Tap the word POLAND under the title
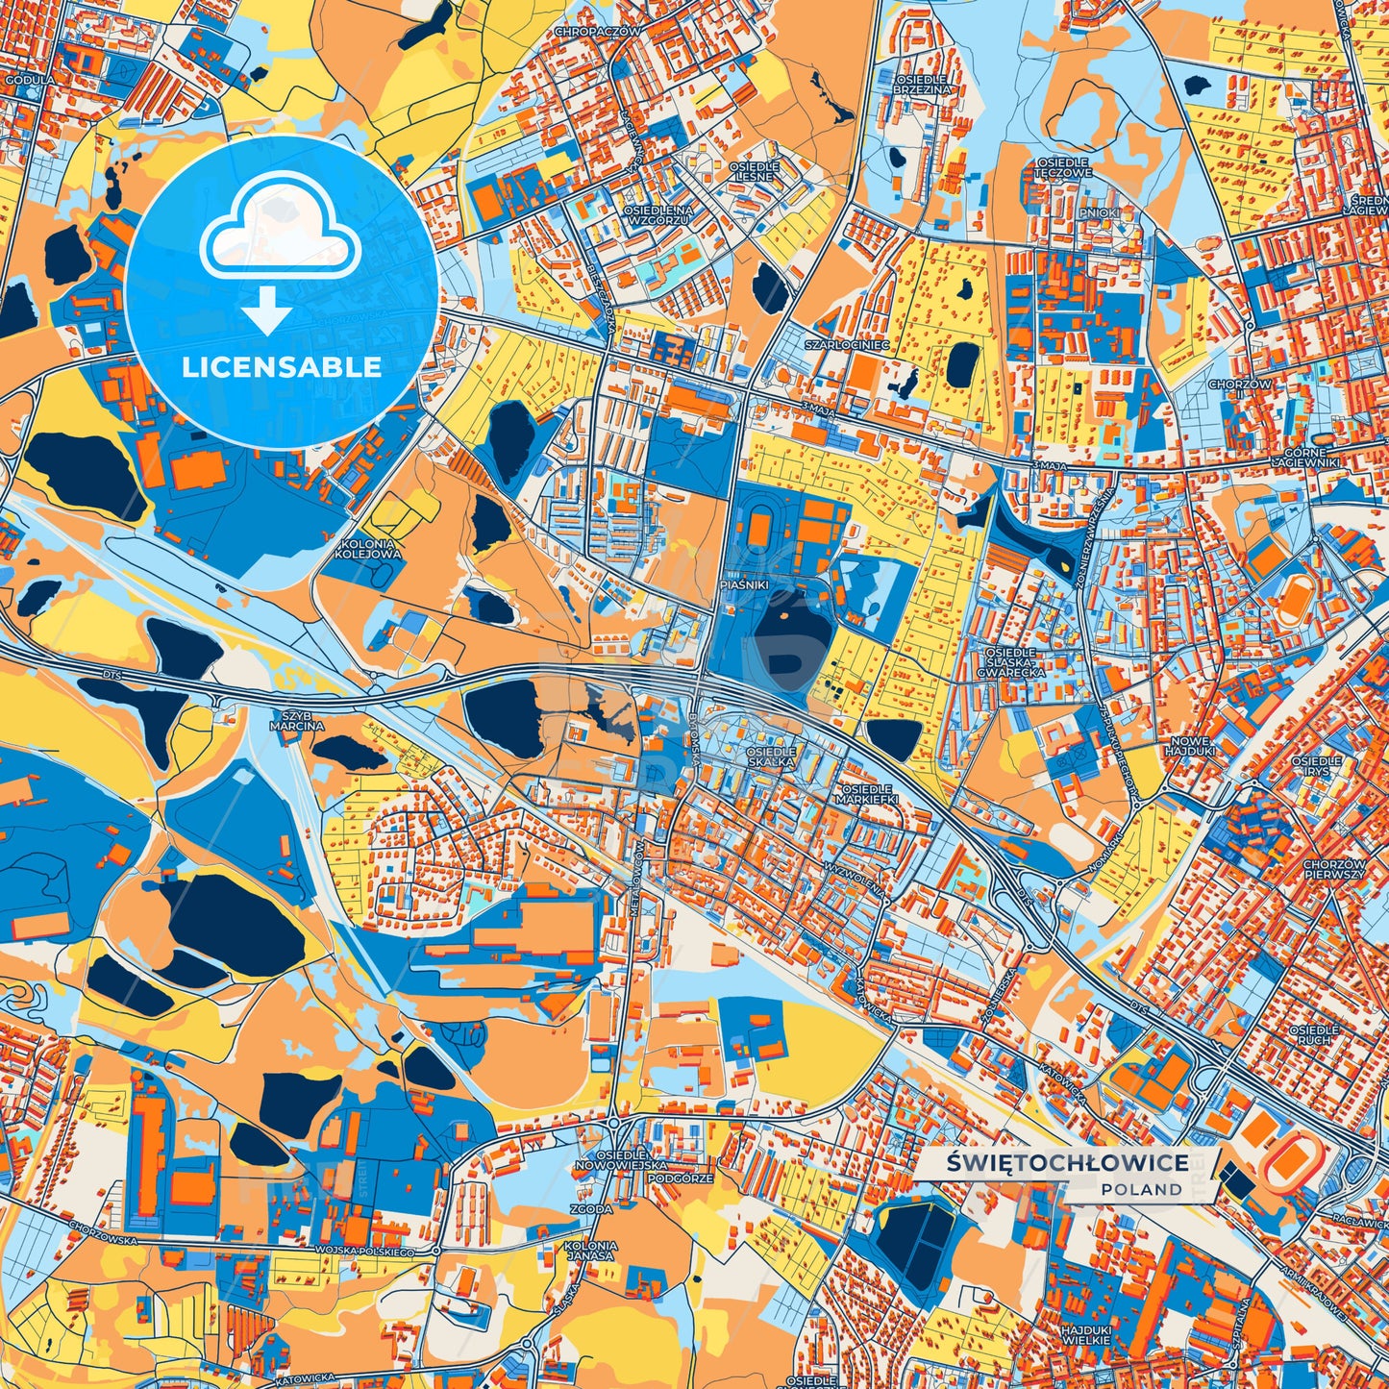pyautogui.click(x=1142, y=1189)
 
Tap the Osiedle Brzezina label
pyautogui.click(x=922, y=84)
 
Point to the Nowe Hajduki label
pyautogui.click(x=1190, y=745)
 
